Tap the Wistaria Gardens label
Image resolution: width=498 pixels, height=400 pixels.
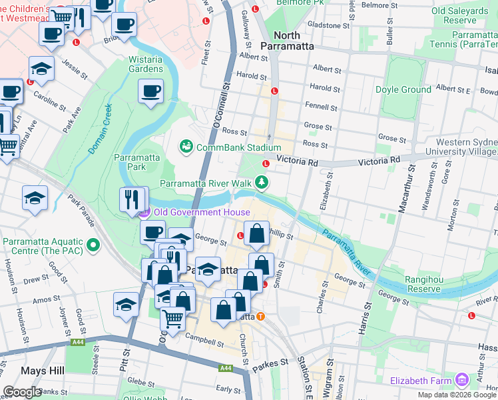145,64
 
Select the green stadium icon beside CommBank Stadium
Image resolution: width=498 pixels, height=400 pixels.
186,147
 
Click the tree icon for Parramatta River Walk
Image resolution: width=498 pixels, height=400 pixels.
263,182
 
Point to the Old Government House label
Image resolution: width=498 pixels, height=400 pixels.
202,213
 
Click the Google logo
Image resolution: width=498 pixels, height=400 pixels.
22,392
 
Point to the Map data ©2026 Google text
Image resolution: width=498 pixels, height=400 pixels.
457,395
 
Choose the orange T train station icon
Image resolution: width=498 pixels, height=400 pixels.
261,317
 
